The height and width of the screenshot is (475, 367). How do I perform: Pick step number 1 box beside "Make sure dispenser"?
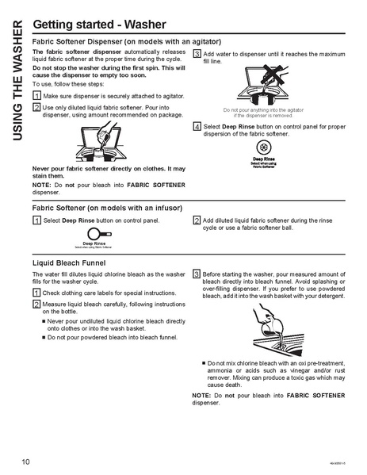coord(36,95)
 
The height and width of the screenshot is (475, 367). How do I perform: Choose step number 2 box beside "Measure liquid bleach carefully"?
coord(36,304)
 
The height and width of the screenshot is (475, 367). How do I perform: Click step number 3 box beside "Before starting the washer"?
coord(197,273)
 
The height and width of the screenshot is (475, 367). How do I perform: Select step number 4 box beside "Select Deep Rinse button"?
coord(197,126)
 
